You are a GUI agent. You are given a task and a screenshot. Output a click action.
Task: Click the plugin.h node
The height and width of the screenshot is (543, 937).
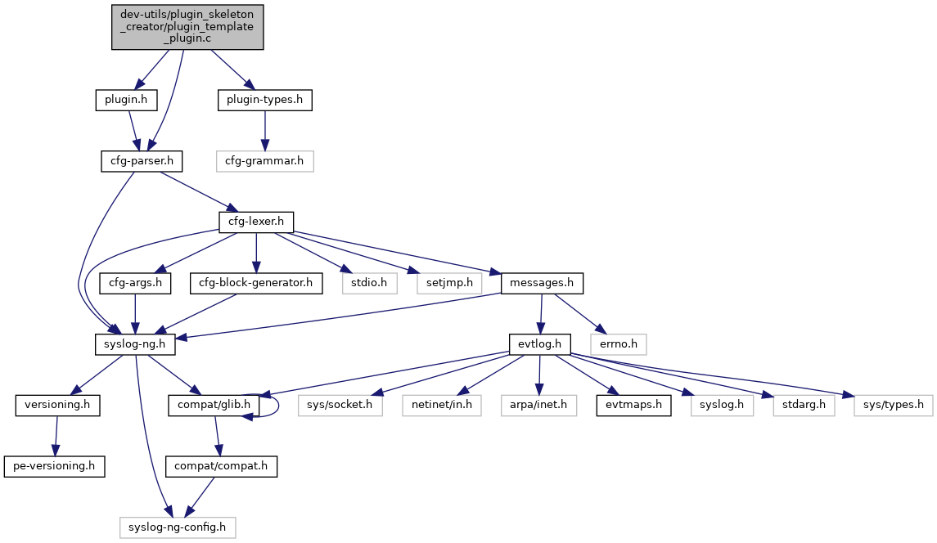coord(125,100)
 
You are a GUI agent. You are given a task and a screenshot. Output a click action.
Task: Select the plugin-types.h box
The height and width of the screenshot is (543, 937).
coord(264,100)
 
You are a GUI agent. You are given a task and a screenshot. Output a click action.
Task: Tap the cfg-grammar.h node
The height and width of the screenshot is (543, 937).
coord(264,160)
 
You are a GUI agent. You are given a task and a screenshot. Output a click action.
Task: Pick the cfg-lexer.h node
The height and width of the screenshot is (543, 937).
coord(256,222)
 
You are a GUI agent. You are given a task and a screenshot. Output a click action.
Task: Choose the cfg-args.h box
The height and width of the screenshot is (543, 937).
coord(134,283)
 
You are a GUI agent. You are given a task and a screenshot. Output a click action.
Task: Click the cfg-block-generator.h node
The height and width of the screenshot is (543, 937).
coord(255,283)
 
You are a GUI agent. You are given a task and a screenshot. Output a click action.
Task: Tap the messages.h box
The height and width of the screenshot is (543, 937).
coord(542,283)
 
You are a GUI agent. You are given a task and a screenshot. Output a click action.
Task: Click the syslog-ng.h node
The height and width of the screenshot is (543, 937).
coord(134,343)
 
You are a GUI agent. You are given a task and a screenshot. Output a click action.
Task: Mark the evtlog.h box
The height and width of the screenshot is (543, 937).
coord(538,343)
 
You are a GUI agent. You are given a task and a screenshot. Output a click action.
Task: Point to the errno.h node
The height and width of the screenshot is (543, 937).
coord(618,343)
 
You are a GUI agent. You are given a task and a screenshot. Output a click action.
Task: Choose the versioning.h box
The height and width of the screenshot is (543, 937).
coord(57,405)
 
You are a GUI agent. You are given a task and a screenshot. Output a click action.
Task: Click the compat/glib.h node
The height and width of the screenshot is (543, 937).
coord(214,405)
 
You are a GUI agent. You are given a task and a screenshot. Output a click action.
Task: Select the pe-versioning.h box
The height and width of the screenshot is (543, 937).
coord(55,466)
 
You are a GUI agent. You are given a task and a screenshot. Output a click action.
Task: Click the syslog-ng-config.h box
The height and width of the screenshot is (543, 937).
coord(178,527)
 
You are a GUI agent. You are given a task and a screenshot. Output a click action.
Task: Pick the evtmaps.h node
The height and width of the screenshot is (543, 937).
coord(633,405)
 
